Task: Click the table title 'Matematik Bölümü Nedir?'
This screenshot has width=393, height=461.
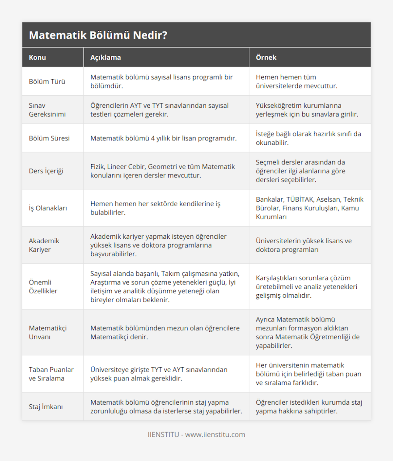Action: [98, 35]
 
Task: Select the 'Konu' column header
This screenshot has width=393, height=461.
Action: [37, 57]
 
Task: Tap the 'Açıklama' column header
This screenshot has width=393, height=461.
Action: [105, 57]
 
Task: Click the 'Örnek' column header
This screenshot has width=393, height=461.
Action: [266, 57]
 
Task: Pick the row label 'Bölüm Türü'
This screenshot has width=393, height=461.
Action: [47, 82]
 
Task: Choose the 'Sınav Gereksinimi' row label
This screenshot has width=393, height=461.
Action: [47, 110]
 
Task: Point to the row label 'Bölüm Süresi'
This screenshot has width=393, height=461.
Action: [49, 138]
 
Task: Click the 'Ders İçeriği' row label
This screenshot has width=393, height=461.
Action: [46, 171]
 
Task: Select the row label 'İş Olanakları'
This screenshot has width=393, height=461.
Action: [48, 208]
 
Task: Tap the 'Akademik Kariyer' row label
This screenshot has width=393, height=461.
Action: [44, 245]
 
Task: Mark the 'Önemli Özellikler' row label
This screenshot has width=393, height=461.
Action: [43, 286]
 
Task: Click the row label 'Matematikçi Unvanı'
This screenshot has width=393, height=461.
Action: [47, 332]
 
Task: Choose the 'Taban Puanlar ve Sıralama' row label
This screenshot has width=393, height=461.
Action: [51, 374]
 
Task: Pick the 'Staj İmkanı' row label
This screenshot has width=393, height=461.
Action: [46, 407]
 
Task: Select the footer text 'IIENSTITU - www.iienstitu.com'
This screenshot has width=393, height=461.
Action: [196, 434]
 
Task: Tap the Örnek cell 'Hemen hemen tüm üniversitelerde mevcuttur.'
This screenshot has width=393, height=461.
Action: [296, 82]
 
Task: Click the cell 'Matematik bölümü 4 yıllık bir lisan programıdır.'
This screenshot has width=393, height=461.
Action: [163, 138]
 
